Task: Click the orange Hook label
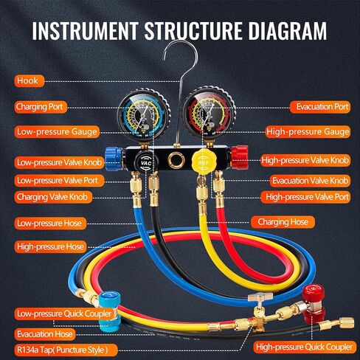(x=30, y=81)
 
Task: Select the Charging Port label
(x=41, y=107)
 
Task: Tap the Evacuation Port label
(x=320, y=107)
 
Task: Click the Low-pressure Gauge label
(x=57, y=132)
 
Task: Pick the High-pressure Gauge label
(x=308, y=132)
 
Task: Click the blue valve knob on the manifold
(x=114, y=159)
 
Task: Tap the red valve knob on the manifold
(x=239, y=156)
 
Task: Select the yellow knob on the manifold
(x=203, y=162)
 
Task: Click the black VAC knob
(x=144, y=162)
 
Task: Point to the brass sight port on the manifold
(x=176, y=160)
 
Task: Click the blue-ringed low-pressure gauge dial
(x=144, y=114)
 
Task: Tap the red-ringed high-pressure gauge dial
(x=210, y=113)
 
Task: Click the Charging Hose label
(x=283, y=222)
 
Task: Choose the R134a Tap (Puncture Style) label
(x=66, y=350)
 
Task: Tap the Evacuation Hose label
(x=45, y=334)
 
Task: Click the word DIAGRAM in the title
(x=287, y=31)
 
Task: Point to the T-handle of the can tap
(x=260, y=297)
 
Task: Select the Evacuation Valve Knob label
(x=310, y=181)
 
